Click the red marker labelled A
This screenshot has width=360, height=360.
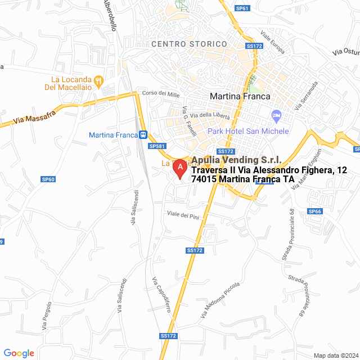pos(179,168)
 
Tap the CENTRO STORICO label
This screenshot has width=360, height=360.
pos(190,44)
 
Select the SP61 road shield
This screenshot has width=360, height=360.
pos(242,8)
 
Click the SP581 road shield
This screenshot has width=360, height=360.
pos(157,146)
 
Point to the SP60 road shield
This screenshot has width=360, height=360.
pos(48,179)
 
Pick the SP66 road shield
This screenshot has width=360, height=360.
pos(314,211)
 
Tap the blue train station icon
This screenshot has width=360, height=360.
pos(144,135)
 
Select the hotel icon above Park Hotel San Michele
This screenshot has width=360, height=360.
pos(276,116)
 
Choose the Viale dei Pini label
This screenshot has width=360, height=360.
pos(183,214)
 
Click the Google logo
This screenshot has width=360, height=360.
pos(19,353)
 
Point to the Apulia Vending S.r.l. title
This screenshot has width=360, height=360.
pos(236,160)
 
